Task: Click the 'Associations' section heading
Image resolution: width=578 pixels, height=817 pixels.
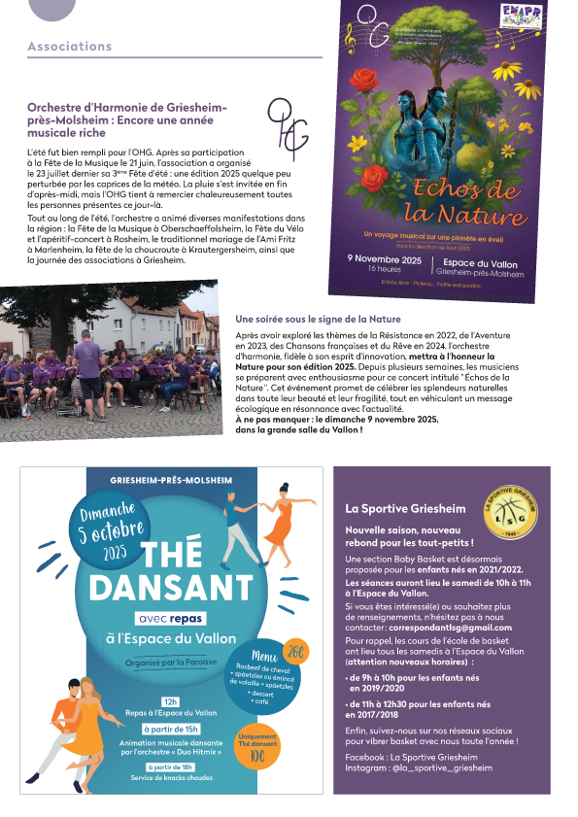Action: coord(69,47)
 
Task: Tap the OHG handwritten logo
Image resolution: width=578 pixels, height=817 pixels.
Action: coord(288,127)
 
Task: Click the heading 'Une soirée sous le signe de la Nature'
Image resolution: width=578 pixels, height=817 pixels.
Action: coord(318,319)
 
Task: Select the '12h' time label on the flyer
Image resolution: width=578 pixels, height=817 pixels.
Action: coord(171,700)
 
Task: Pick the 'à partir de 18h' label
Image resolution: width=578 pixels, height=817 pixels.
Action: coord(171,766)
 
